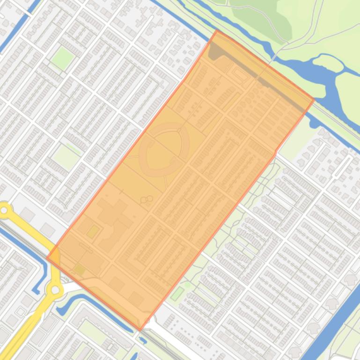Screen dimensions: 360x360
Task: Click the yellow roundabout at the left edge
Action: click(x=5, y=211)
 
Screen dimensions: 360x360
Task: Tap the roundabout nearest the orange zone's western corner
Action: click(x=56, y=290)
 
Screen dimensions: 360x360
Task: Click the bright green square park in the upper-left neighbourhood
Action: click(x=62, y=58)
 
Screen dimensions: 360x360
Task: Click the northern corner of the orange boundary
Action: click(x=218, y=31)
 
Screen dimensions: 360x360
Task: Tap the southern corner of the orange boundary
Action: click(x=140, y=329)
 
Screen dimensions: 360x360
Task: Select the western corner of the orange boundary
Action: click(x=47, y=257)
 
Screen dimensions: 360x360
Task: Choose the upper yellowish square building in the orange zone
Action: click(x=93, y=231)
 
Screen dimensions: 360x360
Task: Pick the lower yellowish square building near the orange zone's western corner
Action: click(x=80, y=269)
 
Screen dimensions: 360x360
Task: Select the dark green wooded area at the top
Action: click(x=262, y=19)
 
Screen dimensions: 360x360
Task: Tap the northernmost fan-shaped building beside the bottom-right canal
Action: click(x=350, y=279)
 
